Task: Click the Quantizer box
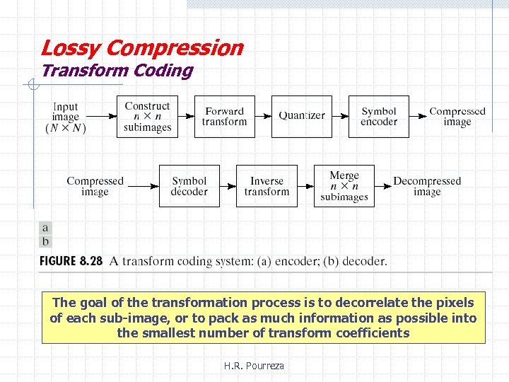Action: pos(302,116)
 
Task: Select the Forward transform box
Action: pos(224,116)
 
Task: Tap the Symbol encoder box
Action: pos(379,116)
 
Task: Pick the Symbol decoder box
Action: pos(189,186)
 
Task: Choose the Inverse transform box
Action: pos(267,186)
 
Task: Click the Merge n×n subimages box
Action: pos(344,186)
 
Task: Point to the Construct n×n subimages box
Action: pos(147,116)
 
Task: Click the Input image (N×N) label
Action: pos(66,117)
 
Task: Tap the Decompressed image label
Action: pos(427,186)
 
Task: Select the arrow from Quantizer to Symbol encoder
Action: pos(340,116)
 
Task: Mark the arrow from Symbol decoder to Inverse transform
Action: pos(228,186)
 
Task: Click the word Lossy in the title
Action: pos(62,48)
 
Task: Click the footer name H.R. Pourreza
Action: pos(254,366)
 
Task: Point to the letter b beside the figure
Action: pos(46,242)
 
